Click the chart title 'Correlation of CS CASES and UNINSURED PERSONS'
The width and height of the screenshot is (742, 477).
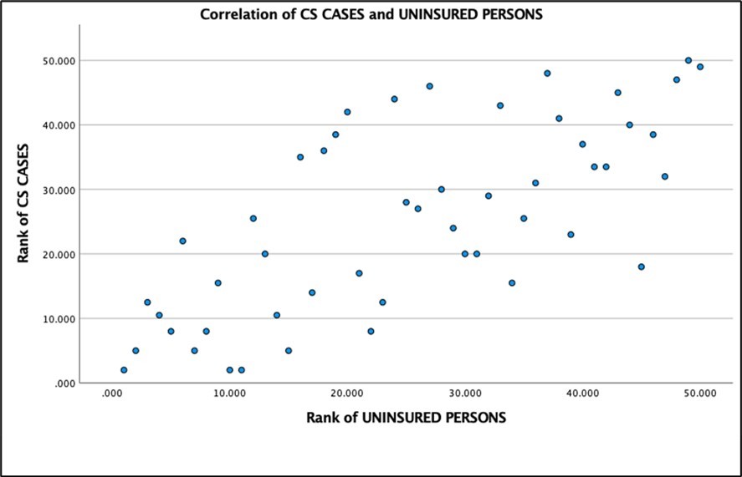pos(371,13)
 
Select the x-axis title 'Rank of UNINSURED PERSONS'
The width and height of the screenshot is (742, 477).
pos(406,417)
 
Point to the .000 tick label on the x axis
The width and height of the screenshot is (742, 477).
pos(111,393)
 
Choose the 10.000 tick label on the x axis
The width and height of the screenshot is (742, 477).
pos(229,393)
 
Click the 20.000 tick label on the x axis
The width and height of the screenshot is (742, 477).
pos(346,393)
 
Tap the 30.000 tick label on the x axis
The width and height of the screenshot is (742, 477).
pos(464,393)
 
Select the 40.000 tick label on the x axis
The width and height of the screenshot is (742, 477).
pos(582,393)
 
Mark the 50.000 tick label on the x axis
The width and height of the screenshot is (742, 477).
pos(700,393)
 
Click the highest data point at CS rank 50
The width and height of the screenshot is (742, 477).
pos(688,60)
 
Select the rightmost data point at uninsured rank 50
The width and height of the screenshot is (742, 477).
pos(700,67)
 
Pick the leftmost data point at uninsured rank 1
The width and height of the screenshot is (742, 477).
pos(124,370)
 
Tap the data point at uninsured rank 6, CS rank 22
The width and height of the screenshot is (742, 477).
pos(182,241)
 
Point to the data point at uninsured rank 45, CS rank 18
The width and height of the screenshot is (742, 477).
pos(642,266)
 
